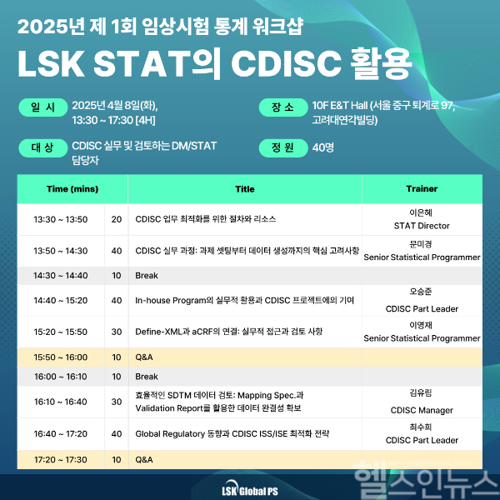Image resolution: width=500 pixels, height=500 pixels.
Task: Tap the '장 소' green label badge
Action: pos(282,107)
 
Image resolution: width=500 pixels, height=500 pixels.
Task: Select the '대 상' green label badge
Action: pos(42,147)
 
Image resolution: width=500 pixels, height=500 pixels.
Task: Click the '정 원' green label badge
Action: pos(282,147)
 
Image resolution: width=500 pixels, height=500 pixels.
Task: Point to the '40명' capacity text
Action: pos(323,147)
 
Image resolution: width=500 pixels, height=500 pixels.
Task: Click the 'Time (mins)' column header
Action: pos(72,189)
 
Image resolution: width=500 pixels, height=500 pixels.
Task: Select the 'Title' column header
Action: pos(245,189)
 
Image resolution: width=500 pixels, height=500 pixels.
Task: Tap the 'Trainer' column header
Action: pos(422,189)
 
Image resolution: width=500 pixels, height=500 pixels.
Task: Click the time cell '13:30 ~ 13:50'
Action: pos(60,219)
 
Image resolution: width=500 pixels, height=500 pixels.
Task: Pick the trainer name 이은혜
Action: pos(422,212)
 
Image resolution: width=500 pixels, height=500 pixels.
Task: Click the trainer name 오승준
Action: pos(422,292)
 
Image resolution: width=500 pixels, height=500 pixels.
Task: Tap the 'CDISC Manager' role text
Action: pos(422,410)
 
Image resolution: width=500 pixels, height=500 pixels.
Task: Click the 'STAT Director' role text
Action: pos(422,226)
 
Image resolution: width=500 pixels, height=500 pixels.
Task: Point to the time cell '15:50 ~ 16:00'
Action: pos(60,357)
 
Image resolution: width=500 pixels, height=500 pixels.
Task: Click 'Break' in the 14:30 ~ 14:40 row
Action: pos(146,275)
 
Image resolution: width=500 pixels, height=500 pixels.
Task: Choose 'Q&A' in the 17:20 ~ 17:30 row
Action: pos(143,459)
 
